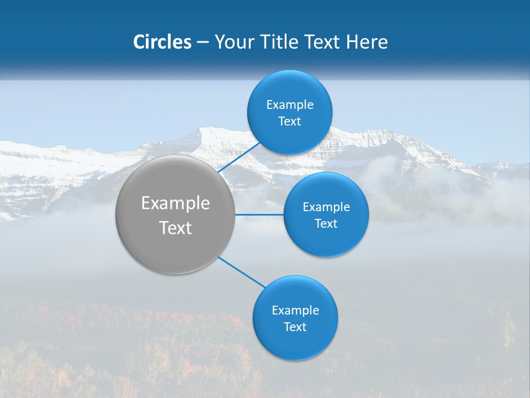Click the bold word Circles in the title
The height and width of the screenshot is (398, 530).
click(x=162, y=42)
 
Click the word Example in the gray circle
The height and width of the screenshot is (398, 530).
click(x=176, y=203)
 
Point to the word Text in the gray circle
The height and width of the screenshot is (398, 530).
click(x=176, y=228)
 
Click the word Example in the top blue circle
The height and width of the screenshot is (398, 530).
click(x=290, y=104)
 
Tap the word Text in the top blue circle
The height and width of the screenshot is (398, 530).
click(x=290, y=122)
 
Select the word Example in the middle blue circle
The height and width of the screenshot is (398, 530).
click(x=326, y=207)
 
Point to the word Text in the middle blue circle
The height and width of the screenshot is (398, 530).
click(x=326, y=223)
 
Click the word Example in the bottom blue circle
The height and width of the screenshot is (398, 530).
click(x=295, y=310)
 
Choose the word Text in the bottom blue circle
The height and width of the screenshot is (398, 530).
click(x=295, y=327)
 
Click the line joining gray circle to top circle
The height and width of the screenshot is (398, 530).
click(x=240, y=156)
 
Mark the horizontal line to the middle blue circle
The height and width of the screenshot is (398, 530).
click(x=259, y=214)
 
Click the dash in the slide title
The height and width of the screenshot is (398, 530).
click(x=202, y=43)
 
